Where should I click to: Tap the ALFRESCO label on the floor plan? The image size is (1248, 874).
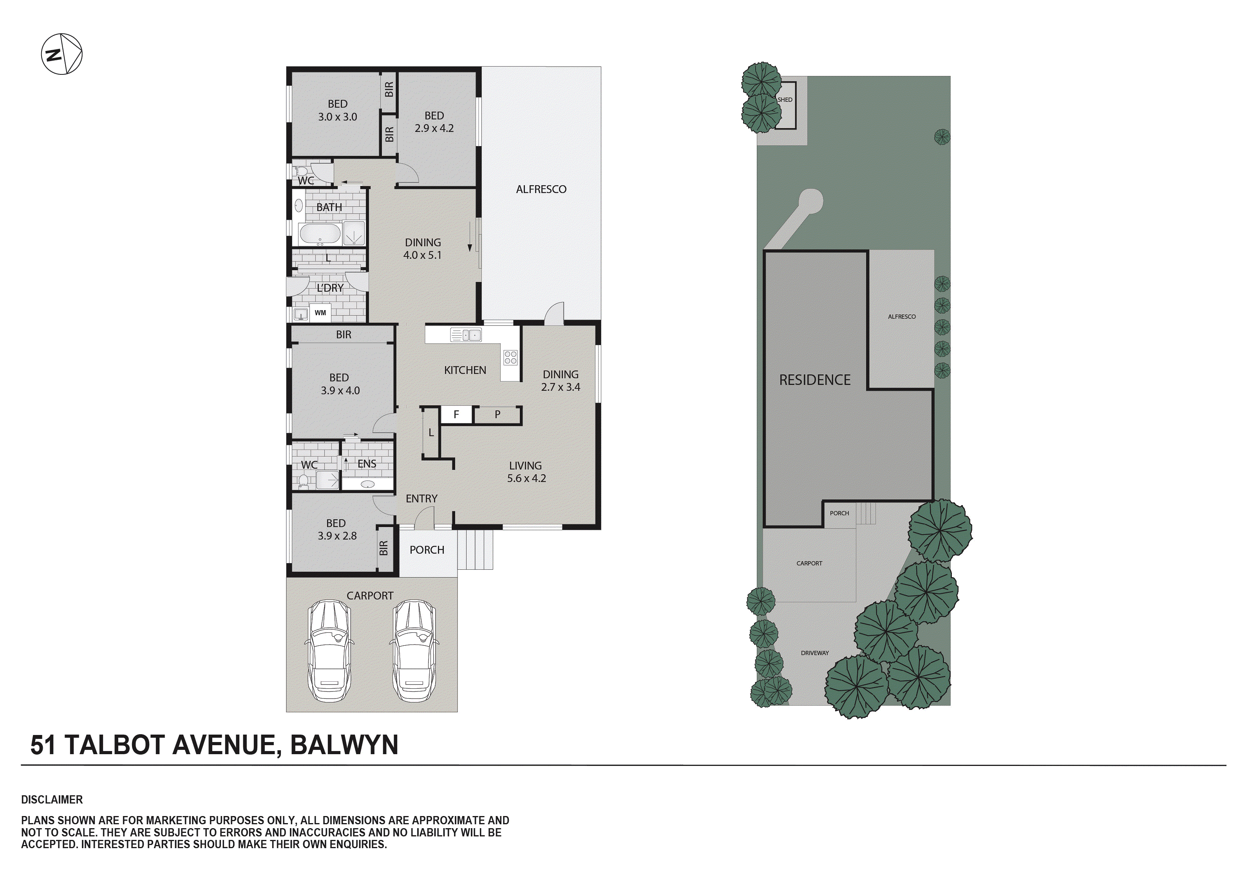click(x=541, y=189)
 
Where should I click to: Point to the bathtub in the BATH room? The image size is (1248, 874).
click(x=320, y=234)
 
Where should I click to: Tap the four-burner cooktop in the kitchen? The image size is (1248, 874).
click(x=510, y=357)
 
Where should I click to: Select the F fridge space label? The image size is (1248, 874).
click(x=456, y=415)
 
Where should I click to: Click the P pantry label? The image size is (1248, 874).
click(x=497, y=415)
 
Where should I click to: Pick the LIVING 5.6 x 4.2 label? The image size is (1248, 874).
click(x=526, y=472)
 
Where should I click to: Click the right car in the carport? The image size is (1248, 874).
click(x=414, y=651)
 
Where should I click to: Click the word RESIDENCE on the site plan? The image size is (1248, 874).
click(x=814, y=380)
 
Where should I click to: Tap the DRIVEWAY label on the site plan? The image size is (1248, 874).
click(x=814, y=653)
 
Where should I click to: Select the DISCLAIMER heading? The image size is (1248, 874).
click(x=52, y=800)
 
